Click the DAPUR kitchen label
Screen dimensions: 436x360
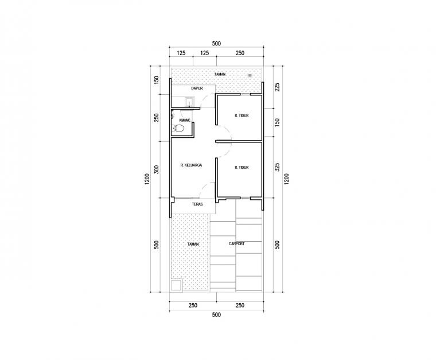197,88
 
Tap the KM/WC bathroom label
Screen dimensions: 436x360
185,121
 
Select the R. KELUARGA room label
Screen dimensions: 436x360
191,165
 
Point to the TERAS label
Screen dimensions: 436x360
197,204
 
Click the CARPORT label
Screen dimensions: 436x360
236,243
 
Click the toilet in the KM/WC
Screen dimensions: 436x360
178,129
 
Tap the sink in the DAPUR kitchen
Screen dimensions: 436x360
189,102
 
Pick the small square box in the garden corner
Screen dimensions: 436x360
177,285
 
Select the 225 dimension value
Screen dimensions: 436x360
277,87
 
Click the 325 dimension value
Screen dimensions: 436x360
277,167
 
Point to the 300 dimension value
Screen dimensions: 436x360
157,169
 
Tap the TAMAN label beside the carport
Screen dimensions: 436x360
193,244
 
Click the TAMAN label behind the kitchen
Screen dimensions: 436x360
220,74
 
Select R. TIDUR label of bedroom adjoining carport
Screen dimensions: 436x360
242,168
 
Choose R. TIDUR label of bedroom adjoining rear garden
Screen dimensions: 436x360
242,116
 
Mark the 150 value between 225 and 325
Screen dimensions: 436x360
277,122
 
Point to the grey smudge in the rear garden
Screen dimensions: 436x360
250,75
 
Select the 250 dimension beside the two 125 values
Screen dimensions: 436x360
240,53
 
